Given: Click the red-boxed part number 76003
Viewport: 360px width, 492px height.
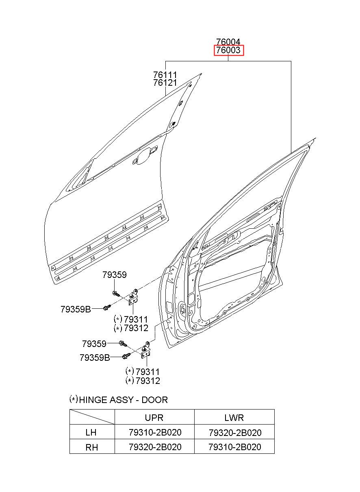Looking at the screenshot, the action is (x=228, y=50).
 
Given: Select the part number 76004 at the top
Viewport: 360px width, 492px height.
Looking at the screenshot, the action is (x=228, y=42).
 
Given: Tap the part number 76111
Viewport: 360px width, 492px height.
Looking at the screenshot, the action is (x=165, y=75).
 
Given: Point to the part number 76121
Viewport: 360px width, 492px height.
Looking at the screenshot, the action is (x=165, y=83).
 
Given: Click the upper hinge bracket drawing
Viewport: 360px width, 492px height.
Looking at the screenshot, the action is (x=134, y=297).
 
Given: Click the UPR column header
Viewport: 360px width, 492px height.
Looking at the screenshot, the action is (x=154, y=418).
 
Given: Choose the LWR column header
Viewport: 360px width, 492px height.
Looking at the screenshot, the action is (x=234, y=418).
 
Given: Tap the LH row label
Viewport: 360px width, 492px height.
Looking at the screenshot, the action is (x=91, y=432).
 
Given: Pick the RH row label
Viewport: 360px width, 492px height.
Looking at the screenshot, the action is (x=91, y=447).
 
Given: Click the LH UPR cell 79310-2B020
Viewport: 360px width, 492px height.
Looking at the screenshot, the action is (x=155, y=432).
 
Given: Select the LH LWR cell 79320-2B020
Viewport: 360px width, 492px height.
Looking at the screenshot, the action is (x=235, y=433).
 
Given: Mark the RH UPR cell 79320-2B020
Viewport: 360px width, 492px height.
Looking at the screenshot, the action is (x=155, y=447).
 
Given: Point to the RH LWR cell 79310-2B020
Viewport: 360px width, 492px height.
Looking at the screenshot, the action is (x=235, y=447).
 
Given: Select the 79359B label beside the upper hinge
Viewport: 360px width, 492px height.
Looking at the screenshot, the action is (x=76, y=309).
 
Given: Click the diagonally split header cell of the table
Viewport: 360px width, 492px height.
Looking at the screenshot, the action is (x=92, y=417).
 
